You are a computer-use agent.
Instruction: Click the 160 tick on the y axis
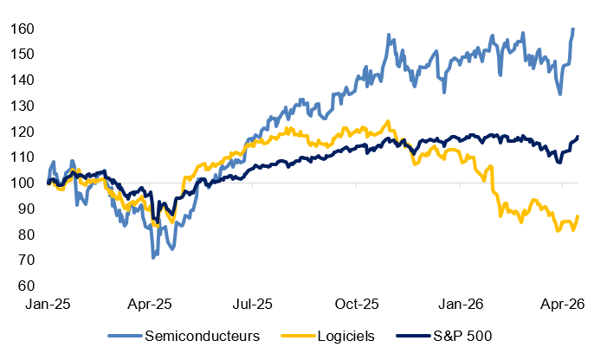click(x=23, y=29)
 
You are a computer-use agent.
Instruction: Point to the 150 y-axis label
click(x=23, y=55)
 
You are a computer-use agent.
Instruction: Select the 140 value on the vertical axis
click(x=23, y=80)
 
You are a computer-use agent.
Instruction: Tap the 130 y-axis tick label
click(x=23, y=106)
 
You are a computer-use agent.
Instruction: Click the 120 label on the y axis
click(x=23, y=132)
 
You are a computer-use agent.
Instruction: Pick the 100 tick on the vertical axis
click(x=23, y=183)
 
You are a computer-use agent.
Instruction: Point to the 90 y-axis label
click(x=26, y=209)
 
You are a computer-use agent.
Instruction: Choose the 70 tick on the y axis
click(x=26, y=260)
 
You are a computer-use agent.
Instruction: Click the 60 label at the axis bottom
click(x=26, y=286)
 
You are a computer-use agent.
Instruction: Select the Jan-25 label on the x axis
click(x=48, y=304)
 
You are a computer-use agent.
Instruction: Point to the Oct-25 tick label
click(x=356, y=304)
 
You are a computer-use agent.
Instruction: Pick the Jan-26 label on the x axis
click(x=460, y=304)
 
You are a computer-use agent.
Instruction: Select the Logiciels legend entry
click(x=344, y=336)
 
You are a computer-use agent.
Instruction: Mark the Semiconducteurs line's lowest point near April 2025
click(x=153, y=257)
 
